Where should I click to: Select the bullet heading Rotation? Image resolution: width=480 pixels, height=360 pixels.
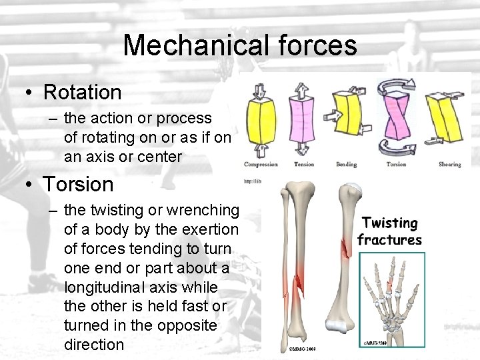coord(82,92)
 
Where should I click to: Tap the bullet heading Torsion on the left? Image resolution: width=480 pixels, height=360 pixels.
coord(78,183)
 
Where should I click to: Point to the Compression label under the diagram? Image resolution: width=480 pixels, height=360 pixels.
coord(261,164)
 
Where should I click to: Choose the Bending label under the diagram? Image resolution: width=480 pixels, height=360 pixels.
coord(347,164)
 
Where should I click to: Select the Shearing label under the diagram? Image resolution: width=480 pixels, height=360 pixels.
coord(449,164)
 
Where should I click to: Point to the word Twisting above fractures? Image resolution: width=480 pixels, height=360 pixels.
coord(390,223)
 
